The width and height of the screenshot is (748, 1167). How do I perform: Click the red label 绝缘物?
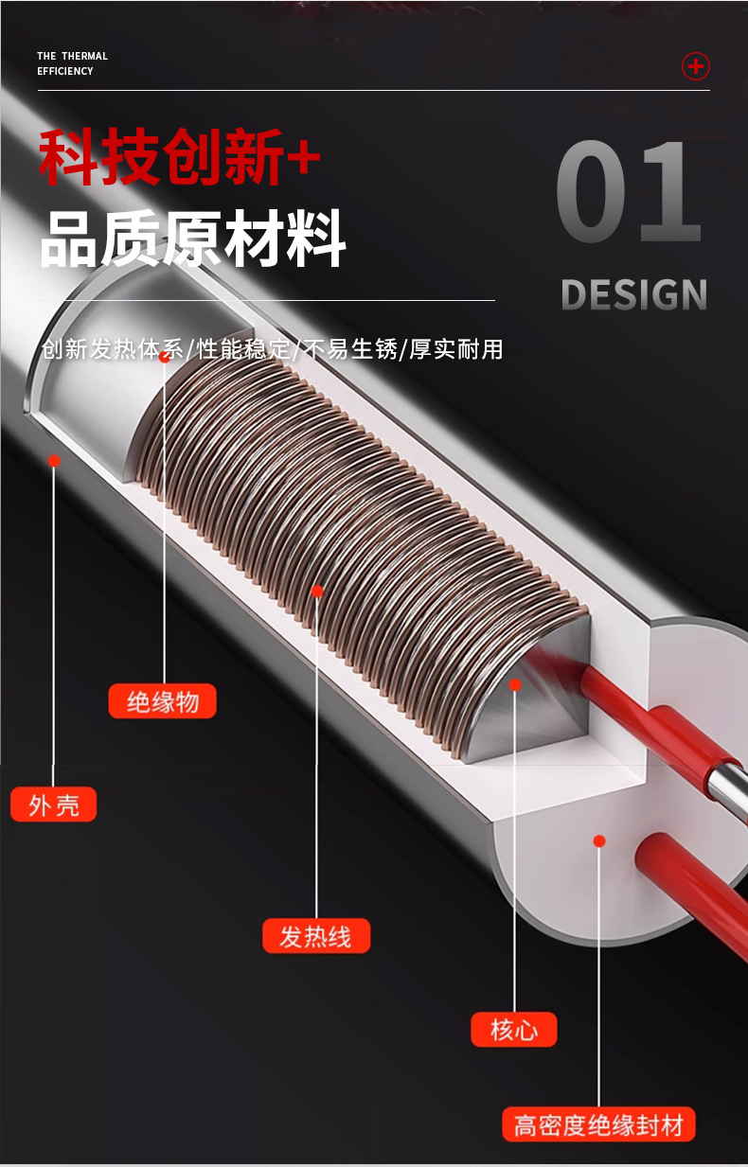(x=162, y=701)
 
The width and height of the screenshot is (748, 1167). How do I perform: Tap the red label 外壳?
(x=54, y=805)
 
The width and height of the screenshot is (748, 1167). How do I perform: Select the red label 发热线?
(x=315, y=936)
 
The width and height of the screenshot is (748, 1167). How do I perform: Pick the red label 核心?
(x=514, y=1029)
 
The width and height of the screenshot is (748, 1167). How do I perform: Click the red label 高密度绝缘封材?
(x=598, y=1125)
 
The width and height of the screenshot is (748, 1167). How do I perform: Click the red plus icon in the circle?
(x=696, y=66)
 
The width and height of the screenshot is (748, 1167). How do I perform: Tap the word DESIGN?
(x=633, y=294)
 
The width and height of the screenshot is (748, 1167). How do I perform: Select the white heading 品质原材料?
(x=192, y=239)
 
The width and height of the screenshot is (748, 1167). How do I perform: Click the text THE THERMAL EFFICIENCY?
(x=72, y=63)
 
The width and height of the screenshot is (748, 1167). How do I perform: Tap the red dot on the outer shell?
(x=54, y=461)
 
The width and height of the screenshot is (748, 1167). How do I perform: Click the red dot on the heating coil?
(x=317, y=592)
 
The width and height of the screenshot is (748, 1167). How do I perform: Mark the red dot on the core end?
(x=515, y=683)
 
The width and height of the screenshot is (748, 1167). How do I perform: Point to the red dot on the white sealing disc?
(x=599, y=840)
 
